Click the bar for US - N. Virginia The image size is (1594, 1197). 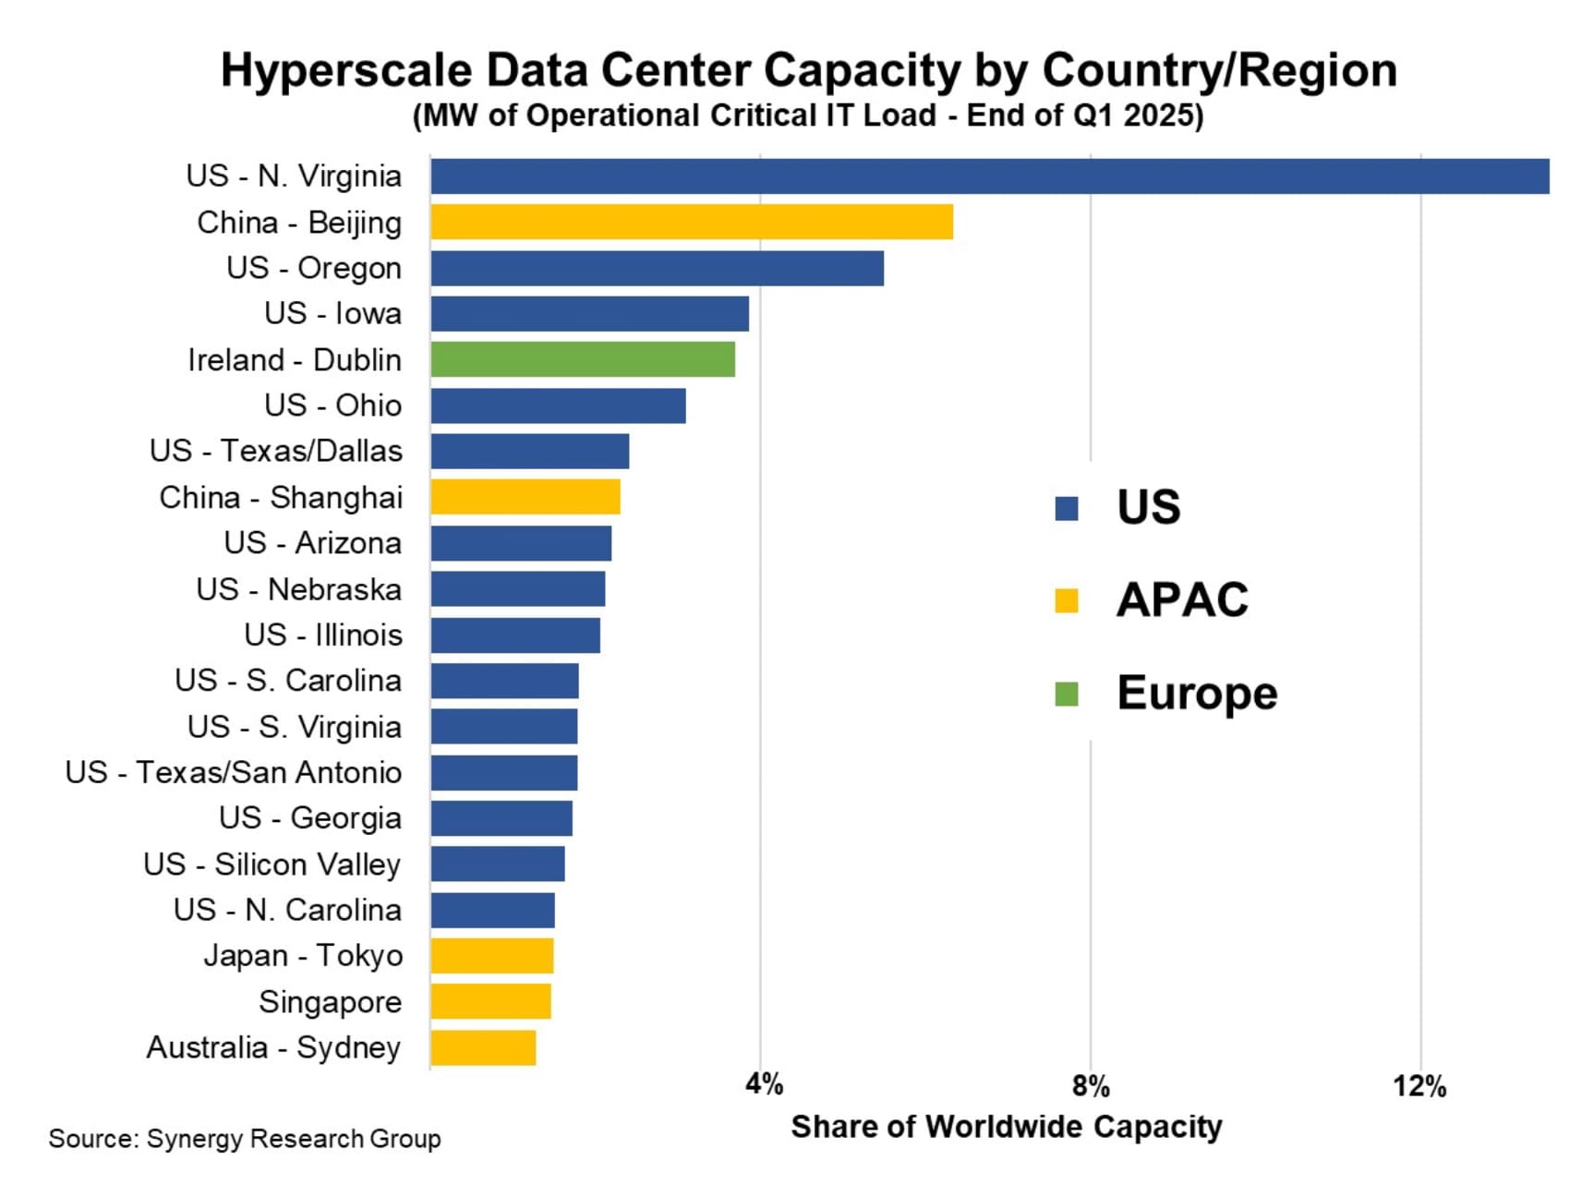988,176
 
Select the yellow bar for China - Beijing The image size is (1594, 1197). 691,223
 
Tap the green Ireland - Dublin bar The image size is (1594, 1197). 583,359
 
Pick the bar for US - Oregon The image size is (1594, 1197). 657,268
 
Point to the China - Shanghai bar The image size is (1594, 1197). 525,497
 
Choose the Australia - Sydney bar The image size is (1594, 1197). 483,1047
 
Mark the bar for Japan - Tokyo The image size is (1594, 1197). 491,956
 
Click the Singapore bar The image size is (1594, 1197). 490,1001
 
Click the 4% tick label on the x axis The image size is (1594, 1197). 764,1084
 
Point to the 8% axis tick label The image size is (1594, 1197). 1091,1085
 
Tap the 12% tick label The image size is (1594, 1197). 1419,1085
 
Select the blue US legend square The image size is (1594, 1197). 1067,508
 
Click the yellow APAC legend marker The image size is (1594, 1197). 1067,600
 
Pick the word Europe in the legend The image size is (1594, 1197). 1197,693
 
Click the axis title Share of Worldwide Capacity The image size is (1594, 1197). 1006,1127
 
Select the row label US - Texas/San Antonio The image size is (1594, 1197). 234,772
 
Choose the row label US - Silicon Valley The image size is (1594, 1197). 272,864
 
